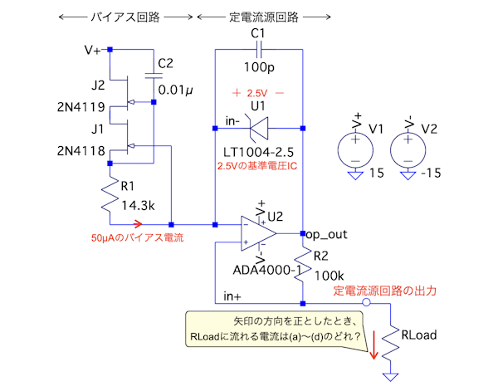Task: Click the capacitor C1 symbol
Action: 259,50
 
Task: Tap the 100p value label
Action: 259,66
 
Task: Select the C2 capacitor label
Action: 166,63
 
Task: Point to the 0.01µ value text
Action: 176,89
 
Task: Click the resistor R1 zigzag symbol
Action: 110,198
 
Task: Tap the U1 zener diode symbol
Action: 259,128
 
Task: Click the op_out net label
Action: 326,235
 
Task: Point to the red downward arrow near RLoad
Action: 373,347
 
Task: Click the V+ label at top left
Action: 93,50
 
